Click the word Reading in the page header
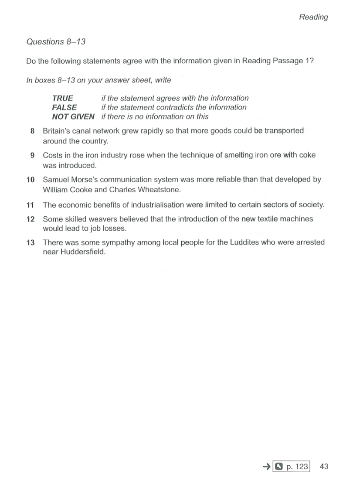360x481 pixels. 313,17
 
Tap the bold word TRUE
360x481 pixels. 63,98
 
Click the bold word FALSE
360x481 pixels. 65,107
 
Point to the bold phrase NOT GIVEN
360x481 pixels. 73,116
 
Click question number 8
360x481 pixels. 33,131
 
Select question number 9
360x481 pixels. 33,155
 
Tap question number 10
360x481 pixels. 31,180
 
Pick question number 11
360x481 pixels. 31,205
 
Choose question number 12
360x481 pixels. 31,219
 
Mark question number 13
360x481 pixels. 31,242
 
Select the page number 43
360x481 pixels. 324,467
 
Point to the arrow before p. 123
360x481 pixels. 267,467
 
